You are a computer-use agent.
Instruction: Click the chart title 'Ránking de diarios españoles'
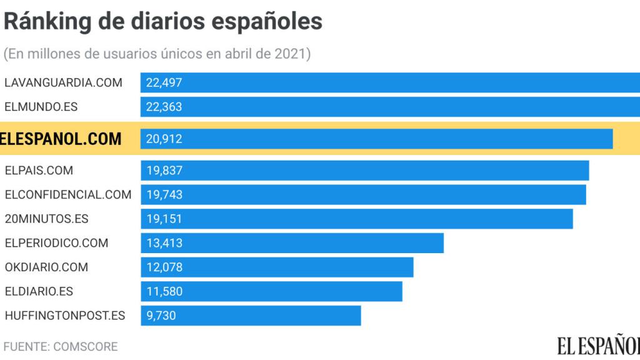(x=163, y=21)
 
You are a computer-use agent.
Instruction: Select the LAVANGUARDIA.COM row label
(x=63, y=82)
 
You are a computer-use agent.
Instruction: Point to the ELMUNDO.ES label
(x=41, y=107)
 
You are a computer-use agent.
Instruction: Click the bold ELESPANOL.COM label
(x=61, y=139)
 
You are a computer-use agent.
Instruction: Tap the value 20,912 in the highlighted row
(x=164, y=139)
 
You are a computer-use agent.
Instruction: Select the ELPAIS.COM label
(x=39, y=170)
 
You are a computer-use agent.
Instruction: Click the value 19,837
(x=164, y=170)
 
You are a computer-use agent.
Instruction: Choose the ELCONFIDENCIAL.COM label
(x=68, y=194)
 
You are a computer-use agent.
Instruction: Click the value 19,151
(x=164, y=219)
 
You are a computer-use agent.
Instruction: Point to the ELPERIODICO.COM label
(x=56, y=243)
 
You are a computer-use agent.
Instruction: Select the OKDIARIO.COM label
(x=46, y=267)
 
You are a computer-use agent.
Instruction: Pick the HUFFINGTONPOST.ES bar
(x=250, y=316)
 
